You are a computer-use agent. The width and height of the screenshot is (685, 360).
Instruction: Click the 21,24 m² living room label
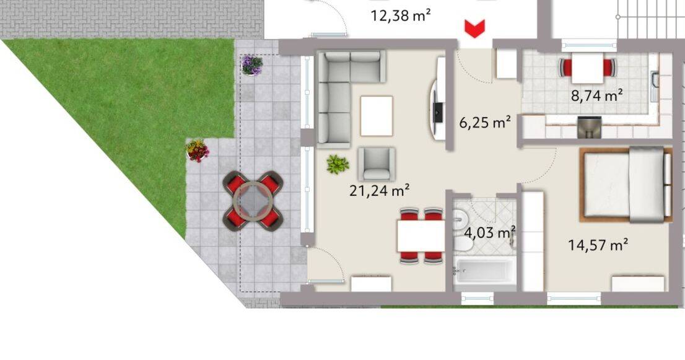point(380,191)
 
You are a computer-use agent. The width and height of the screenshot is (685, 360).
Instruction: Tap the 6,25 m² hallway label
point(484,123)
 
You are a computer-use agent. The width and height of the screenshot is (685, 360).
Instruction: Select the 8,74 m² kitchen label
point(596,95)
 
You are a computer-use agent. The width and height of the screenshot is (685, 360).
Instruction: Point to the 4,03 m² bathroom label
point(490,233)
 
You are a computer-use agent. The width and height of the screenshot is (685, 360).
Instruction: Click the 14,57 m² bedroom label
point(598,245)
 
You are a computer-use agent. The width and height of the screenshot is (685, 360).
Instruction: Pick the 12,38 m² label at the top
point(401,15)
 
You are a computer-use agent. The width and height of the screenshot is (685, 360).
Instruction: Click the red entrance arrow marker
point(474,28)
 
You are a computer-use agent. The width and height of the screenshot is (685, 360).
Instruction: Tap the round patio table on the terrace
point(253,201)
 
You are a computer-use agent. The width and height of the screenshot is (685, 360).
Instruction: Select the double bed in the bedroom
point(626,184)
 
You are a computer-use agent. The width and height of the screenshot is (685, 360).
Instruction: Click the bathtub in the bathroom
point(484,271)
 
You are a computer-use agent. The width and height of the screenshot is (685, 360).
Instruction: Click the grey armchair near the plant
point(377,164)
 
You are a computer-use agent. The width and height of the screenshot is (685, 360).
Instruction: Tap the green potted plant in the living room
point(338,164)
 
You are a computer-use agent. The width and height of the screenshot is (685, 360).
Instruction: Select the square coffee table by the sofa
point(377,116)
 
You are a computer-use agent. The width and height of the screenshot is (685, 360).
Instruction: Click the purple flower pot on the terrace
point(252,64)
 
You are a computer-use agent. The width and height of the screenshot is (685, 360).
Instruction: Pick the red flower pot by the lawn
point(198,150)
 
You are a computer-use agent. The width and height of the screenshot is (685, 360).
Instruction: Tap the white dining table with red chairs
point(421,235)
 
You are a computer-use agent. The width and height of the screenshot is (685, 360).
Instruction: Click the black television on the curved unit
point(438,112)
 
